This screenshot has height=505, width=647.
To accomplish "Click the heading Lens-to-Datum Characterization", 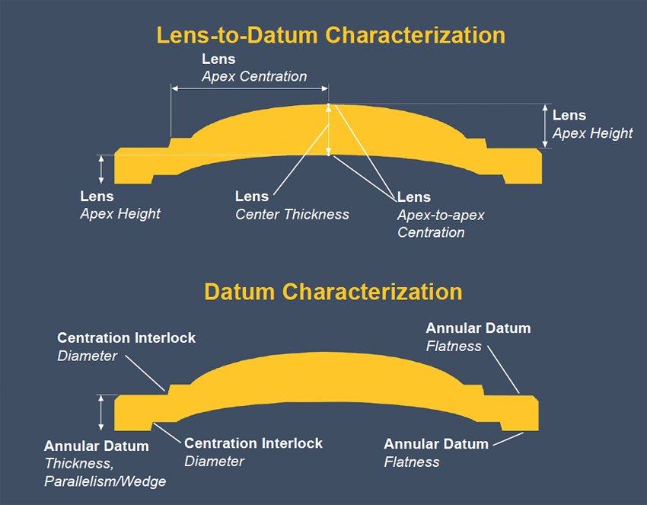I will coord(330,35).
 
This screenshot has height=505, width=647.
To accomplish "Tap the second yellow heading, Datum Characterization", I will coord(333,292).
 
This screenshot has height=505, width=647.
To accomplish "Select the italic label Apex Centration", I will coord(254,76).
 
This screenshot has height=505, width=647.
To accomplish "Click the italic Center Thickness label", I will coord(292,214).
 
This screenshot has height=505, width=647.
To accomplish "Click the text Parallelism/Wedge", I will coord(105,481).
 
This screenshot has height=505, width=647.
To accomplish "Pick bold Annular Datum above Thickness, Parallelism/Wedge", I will coord(96,446).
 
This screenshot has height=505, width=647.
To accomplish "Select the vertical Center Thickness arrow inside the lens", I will coord(328,129).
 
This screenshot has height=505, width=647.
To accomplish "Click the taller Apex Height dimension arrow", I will coord(544,126).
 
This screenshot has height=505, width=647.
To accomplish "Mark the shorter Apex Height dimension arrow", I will coord(101,169).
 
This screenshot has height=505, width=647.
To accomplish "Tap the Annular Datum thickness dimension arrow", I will coord(101,413).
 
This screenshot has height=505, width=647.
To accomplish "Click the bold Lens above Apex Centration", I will coord(218,59).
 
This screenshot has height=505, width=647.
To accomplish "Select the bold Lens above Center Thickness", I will coord(252,197).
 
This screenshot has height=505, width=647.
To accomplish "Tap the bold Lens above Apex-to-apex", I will coord(414,197).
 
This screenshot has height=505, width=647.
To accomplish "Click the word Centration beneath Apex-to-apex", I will coord(431,232).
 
